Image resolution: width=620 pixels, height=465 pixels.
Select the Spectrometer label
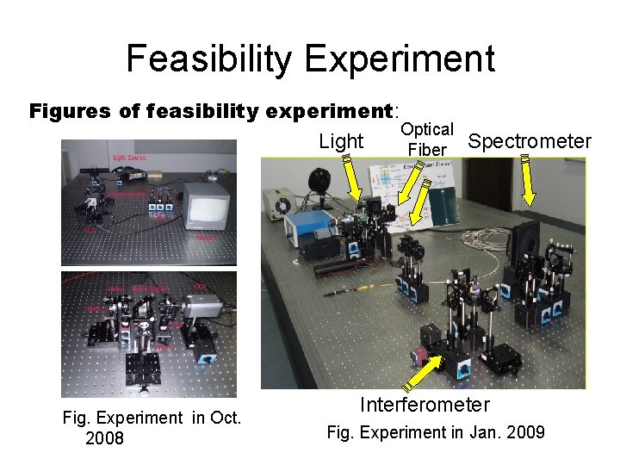click(529, 141)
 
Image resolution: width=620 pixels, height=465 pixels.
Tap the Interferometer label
click(425, 405)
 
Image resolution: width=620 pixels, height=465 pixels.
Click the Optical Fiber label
click(427, 139)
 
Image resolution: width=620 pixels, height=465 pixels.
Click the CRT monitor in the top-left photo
click(209, 203)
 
